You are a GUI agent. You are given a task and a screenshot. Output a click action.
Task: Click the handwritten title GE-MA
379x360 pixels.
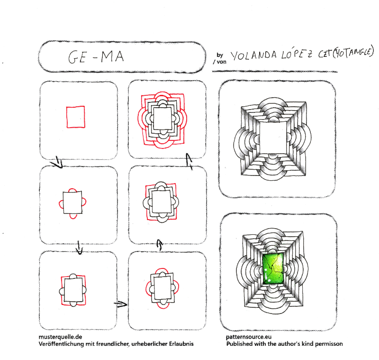(x=96, y=57)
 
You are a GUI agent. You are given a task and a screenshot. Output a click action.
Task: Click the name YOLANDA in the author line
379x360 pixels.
(x=253, y=55)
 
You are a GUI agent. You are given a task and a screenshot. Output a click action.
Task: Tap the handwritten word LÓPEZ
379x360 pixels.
(x=297, y=55)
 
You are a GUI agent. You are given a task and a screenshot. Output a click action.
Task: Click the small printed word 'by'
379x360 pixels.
(x=220, y=55)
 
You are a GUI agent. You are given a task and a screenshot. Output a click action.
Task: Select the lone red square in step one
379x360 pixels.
(x=76, y=117)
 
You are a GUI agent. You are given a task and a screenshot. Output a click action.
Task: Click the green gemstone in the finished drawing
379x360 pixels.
(x=273, y=268)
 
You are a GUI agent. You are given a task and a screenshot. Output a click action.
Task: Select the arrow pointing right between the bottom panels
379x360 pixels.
(x=121, y=304)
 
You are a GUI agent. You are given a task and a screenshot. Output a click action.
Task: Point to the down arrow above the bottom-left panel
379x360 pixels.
(x=79, y=248)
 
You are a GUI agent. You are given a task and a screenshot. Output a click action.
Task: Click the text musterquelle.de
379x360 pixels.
(x=61, y=337)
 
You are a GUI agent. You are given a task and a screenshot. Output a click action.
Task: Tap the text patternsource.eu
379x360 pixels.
(x=249, y=337)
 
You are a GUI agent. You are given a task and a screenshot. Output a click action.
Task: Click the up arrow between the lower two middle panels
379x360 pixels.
(x=159, y=245)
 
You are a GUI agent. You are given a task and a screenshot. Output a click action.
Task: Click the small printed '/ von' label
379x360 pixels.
(x=220, y=62)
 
